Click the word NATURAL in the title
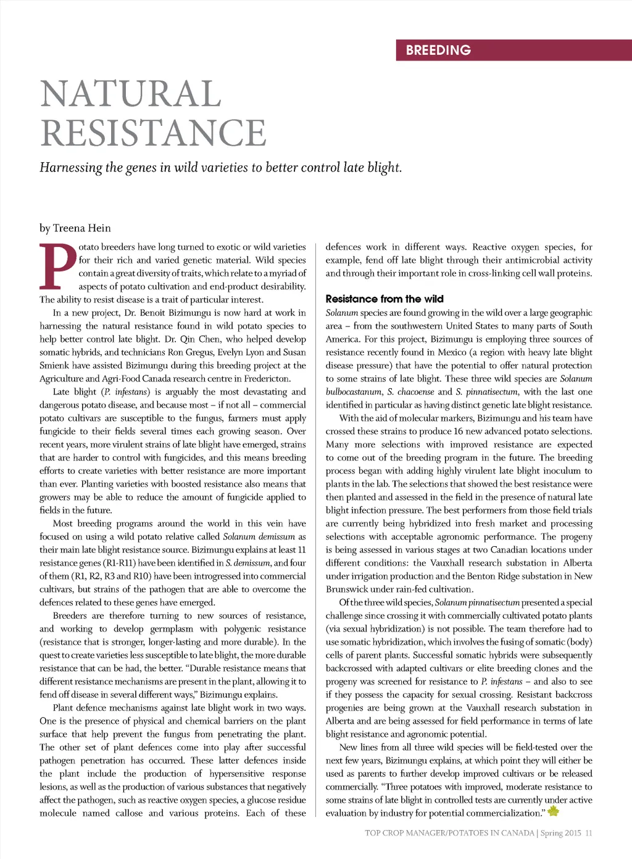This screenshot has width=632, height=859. point(131,94)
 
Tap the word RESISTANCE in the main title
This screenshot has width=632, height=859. point(153,133)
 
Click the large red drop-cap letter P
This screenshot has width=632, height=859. point(57,267)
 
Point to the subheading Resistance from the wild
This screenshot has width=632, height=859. point(385,299)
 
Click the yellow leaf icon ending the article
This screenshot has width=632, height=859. point(553,812)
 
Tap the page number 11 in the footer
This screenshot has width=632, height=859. point(589,833)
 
